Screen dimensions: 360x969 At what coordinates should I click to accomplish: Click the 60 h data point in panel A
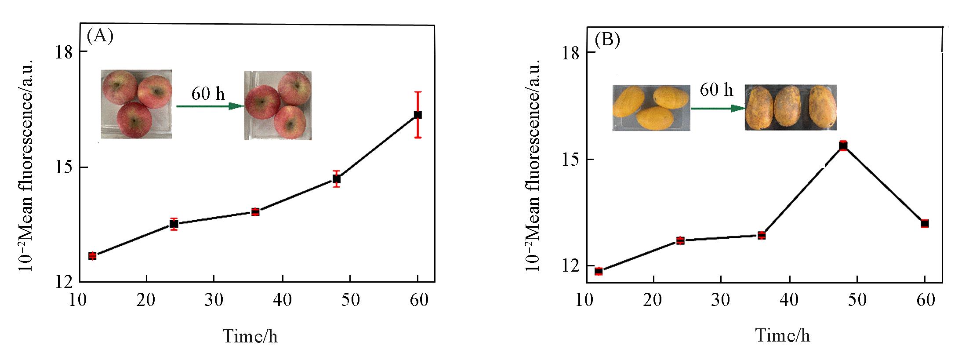(418, 115)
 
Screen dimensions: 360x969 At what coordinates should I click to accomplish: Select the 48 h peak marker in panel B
(843, 146)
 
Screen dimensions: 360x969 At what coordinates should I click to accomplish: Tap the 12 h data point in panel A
(92, 256)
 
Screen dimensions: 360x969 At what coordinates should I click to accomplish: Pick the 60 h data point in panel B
(925, 223)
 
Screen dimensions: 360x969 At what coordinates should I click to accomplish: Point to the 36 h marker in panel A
(255, 212)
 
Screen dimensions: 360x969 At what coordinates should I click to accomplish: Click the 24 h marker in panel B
(680, 240)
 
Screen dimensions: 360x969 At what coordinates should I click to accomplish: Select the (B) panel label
(607, 40)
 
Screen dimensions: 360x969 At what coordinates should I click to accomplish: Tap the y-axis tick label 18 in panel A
(63, 52)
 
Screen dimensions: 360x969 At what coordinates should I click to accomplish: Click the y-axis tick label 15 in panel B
(570, 159)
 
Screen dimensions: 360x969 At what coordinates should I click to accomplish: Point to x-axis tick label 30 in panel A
(214, 300)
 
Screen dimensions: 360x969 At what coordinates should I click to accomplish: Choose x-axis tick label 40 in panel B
(789, 300)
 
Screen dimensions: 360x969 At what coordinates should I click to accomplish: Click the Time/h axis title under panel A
(250, 336)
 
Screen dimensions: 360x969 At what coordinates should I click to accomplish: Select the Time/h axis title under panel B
(783, 335)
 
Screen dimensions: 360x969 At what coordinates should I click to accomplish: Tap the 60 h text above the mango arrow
(716, 90)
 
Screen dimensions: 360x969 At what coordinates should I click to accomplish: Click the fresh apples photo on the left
(136, 104)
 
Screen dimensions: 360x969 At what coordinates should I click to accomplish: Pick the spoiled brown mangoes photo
(790, 107)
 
